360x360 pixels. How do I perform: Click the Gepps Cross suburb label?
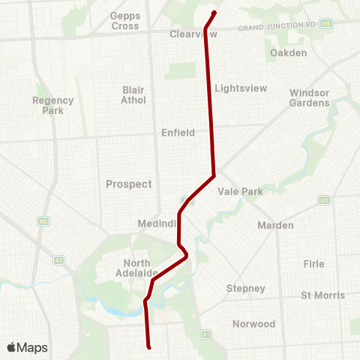124,20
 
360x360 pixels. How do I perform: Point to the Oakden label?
289,52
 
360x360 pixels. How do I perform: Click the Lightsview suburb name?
241,88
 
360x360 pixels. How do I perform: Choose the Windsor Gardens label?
310,97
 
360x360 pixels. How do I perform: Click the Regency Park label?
53,105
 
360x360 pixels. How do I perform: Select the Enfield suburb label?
178,133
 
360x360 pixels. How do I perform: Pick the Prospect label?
128,184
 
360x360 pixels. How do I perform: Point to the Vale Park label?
240,191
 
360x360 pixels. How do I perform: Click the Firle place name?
313,264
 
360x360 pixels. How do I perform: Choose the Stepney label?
246,288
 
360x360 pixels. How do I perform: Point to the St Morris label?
322,295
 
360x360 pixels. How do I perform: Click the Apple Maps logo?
27,347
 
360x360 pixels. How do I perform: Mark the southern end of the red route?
150,347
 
